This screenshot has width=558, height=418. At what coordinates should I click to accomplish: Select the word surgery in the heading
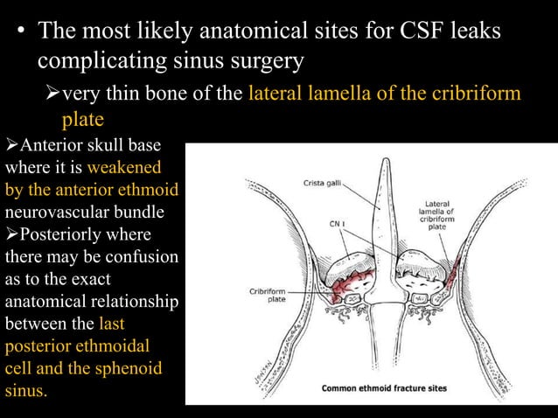pyautogui.click(x=263, y=63)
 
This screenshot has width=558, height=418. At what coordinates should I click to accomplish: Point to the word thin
pyautogui.click(x=132, y=94)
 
